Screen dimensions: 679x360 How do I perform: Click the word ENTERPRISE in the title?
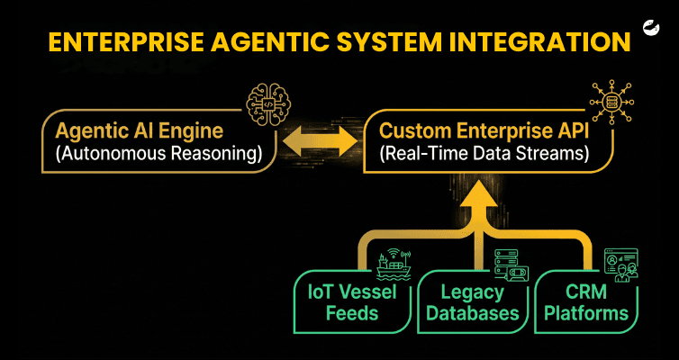(125, 42)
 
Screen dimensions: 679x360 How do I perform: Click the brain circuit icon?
(268, 103)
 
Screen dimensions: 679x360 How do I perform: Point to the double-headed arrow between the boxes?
(320, 141)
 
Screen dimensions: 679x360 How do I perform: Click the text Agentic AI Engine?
(139, 131)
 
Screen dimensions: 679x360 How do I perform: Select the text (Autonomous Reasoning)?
(158, 155)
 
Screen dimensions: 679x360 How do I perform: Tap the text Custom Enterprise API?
(484, 131)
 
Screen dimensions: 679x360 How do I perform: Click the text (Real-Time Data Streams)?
(484, 155)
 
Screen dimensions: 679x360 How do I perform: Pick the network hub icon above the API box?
(611, 102)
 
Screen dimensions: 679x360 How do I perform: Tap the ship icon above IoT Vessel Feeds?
(394, 263)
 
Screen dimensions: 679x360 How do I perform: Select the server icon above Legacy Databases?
(512, 265)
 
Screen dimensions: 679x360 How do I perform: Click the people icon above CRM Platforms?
(621, 265)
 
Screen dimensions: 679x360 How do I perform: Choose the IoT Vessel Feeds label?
(352, 303)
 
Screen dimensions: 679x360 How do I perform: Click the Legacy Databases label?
(473, 303)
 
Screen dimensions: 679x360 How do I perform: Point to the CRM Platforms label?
(586, 303)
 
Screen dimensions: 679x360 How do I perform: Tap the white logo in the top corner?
(650, 29)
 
